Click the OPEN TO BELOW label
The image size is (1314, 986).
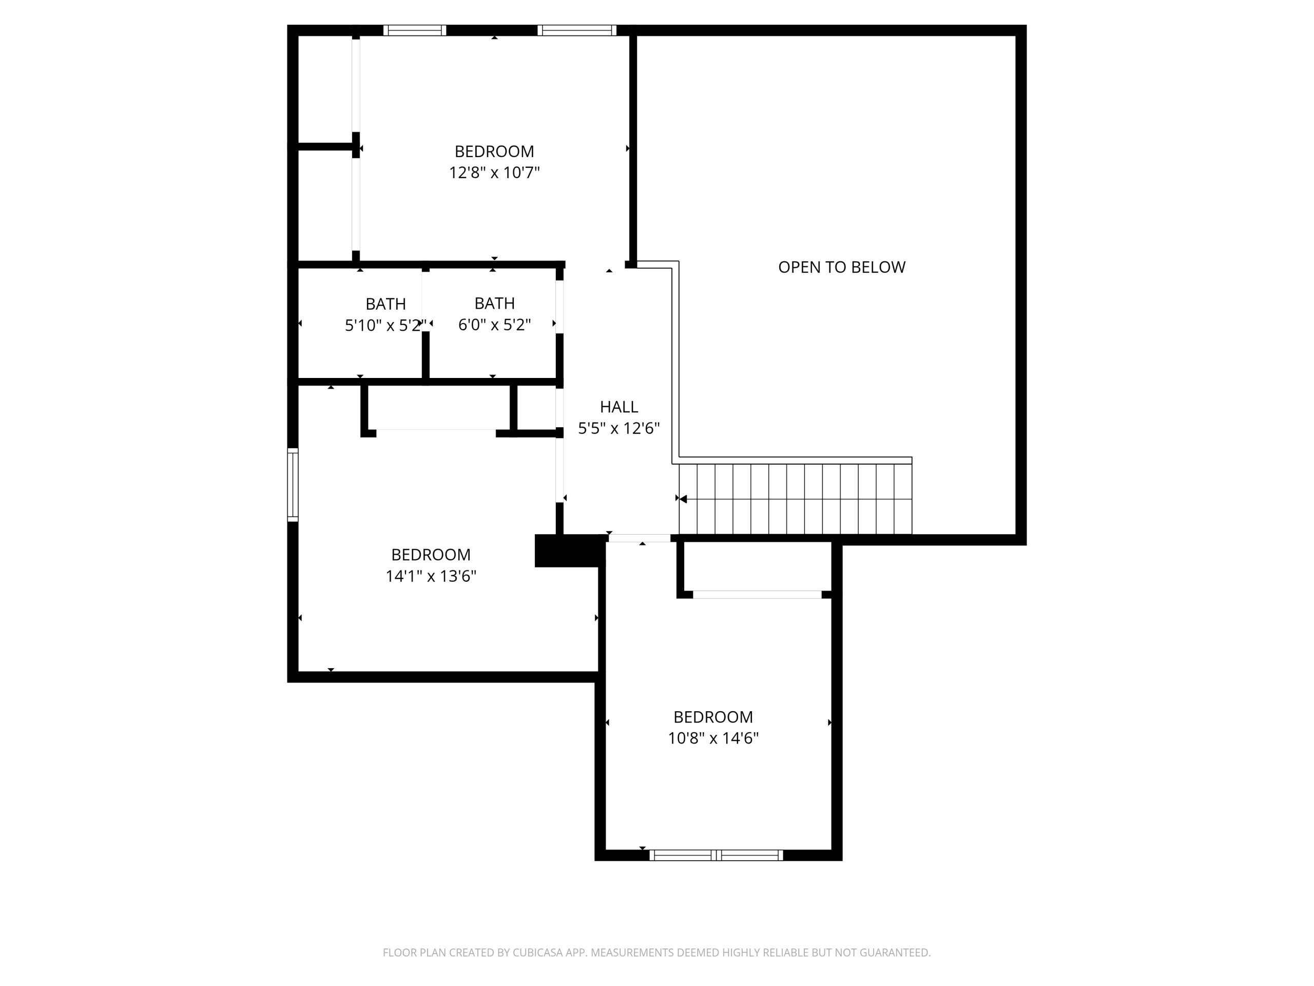click(841, 268)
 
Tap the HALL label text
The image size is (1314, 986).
click(619, 407)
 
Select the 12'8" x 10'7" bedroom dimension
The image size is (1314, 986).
click(494, 173)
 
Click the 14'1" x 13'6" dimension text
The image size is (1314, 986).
click(431, 576)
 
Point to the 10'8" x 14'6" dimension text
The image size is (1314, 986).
click(713, 738)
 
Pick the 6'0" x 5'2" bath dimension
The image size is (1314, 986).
click(494, 325)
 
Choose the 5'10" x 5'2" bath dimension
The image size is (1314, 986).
click(385, 325)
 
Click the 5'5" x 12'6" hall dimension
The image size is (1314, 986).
click(619, 428)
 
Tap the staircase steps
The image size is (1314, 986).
click(796, 499)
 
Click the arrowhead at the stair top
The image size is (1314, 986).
click(683, 499)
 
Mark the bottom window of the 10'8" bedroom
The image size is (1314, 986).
click(716, 855)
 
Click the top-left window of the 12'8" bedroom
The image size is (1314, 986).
click(415, 30)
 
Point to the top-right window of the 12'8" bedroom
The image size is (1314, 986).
click(577, 30)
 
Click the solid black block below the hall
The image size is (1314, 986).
click(569, 551)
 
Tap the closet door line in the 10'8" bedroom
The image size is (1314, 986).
click(758, 594)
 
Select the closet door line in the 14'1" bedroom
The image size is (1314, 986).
click(436, 430)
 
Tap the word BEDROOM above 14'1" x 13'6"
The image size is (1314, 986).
click(431, 555)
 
